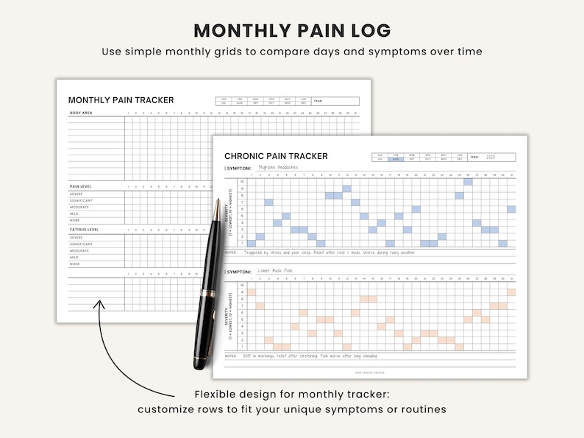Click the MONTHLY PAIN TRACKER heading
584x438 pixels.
pyautogui.click(x=121, y=100)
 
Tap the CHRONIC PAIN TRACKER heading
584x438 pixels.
pyautogui.click(x=276, y=156)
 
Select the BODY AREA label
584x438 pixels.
pyautogui.click(x=80, y=113)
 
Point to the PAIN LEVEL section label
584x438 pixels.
pyautogui.click(x=80, y=187)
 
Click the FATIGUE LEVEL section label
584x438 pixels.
pyautogui.click(x=84, y=230)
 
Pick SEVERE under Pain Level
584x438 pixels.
pyautogui.click(x=76, y=195)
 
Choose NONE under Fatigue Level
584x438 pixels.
pyautogui.click(x=75, y=264)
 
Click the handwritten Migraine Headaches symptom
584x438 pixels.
pyautogui.click(x=279, y=168)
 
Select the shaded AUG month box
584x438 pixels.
pyautogui.click(x=396, y=159)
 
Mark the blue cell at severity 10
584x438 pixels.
pyautogui.click(x=468, y=181)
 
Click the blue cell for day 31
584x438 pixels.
pyautogui.click(x=511, y=209)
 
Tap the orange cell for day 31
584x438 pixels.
pyautogui.click(x=511, y=292)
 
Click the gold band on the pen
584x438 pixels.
pyautogui.click(x=210, y=294)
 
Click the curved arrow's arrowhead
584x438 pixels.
pyautogui.click(x=100, y=303)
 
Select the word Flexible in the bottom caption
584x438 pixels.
pyautogui.click(x=219, y=395)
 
